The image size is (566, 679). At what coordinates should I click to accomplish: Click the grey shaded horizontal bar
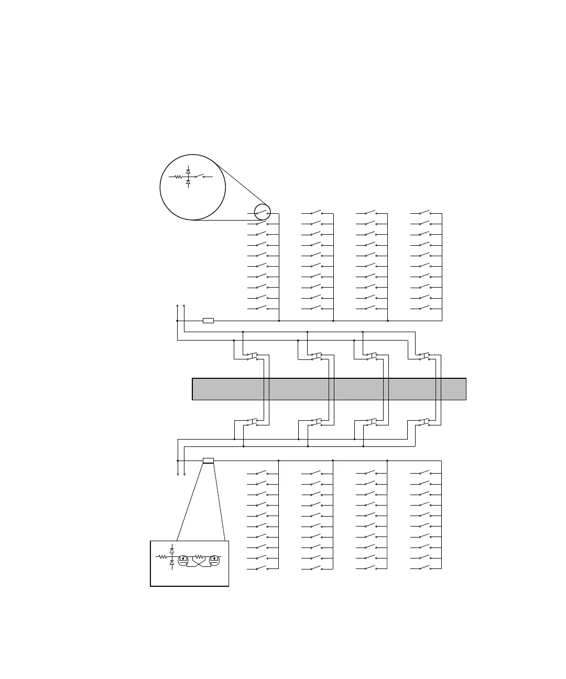tap(329, 389)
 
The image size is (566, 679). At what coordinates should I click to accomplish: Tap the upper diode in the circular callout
tap(188, 171)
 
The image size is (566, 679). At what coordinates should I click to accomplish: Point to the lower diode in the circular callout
tap(188, 182)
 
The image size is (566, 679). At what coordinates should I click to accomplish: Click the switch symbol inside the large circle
tap(200, 176)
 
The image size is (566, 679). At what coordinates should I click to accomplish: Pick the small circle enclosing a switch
tap(262, 212)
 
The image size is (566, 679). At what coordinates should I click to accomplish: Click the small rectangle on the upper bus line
tap(208, 320)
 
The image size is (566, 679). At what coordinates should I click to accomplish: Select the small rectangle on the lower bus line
tap(208, 461)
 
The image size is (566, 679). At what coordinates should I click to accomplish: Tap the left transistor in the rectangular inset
tap(183, 560)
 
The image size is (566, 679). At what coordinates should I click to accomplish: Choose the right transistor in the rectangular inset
tap(214, 560)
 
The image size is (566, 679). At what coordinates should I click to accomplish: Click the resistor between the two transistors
tap(199, 556)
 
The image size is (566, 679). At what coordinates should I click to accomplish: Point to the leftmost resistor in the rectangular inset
tap(161, 556)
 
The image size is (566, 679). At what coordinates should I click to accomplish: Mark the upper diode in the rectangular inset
tap(172, 551)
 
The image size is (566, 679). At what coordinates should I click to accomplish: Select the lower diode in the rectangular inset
tap(172, 562)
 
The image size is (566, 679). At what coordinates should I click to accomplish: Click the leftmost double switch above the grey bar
tap(252, 356)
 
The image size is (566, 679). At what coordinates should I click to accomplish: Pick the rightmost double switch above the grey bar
tap(424, 356)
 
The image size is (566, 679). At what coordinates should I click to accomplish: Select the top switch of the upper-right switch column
tap(424, 213)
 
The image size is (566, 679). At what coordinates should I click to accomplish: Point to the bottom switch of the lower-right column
tap(424, 567)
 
